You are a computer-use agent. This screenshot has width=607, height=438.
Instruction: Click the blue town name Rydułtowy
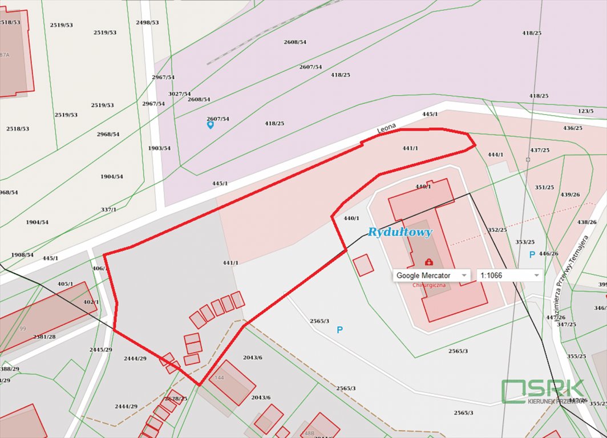click(x=400, y=232)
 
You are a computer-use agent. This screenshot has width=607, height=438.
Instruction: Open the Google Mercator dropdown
click(x=431, y=275)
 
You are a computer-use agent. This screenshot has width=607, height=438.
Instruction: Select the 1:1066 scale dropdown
click(x=509, y=275)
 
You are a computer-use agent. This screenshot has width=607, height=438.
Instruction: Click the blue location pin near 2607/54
click(x=210, y=124)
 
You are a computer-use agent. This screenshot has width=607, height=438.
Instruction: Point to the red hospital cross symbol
click(x=428, y=262)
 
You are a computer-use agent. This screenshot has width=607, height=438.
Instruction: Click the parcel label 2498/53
click(x=147, y=22)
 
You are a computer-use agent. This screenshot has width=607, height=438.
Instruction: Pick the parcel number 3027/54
click(x=179, y=94)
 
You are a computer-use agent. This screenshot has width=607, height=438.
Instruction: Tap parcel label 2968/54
click(x=108, y=134)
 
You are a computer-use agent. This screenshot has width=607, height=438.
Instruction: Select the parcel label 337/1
click(x=108, y=209)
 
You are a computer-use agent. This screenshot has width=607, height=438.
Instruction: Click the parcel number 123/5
click(x=585, y=111)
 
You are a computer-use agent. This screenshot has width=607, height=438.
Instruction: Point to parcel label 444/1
click(x=495, y=155)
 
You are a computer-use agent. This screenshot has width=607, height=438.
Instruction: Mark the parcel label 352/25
click(x=497, y=230)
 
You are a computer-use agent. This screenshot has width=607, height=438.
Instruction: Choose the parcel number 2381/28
click(x=44, y=336)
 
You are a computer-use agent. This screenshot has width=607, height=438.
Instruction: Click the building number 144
click(x=219, y=378)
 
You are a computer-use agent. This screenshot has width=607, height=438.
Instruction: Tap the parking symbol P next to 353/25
click(x=532, y=254)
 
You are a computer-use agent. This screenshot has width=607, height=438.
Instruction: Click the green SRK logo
click(x=542, y=391)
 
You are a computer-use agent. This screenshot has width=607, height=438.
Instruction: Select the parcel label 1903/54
click(x=159, y=148)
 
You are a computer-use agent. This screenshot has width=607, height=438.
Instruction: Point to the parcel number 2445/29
click(x=100, y=349)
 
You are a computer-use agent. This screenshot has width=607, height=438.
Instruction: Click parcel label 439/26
click(x=570, y=194)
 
